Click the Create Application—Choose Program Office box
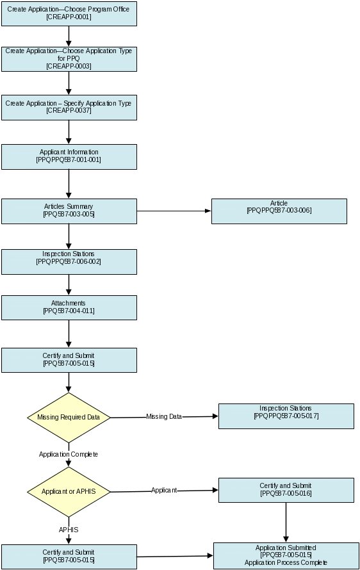tap(69, 13)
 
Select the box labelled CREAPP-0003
tap(69, 60)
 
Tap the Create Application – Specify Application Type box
tap(69, 108)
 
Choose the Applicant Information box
tap(69, 157)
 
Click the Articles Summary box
tap(69, 211)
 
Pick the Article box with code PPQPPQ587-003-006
tap(279, 211)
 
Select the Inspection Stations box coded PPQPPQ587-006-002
tap(69, 262)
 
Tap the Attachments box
tap(69, 307)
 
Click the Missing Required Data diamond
tap(69, 418)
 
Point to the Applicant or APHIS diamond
tap(69, 492)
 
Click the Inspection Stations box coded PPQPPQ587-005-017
tap(286, 416)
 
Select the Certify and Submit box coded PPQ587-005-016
tap(286, 491)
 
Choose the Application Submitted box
tap(286, 556)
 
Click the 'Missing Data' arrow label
tap(164, 416)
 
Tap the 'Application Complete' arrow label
tap(69, 455)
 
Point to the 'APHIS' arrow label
tap(69, 530)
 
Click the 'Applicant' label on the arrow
tap(164, 491)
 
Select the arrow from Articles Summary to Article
tap(174, 211)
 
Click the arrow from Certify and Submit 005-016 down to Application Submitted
tap(286, 523)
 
